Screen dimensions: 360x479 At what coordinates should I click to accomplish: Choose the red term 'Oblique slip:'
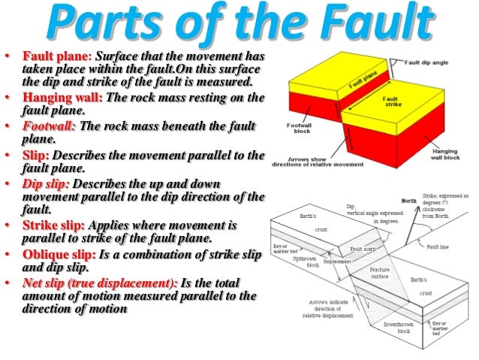tap(59, 254)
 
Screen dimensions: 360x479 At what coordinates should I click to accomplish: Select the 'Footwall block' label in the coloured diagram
tap(300, 129)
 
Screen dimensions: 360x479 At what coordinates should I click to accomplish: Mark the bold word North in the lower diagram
tap(411, 201)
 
